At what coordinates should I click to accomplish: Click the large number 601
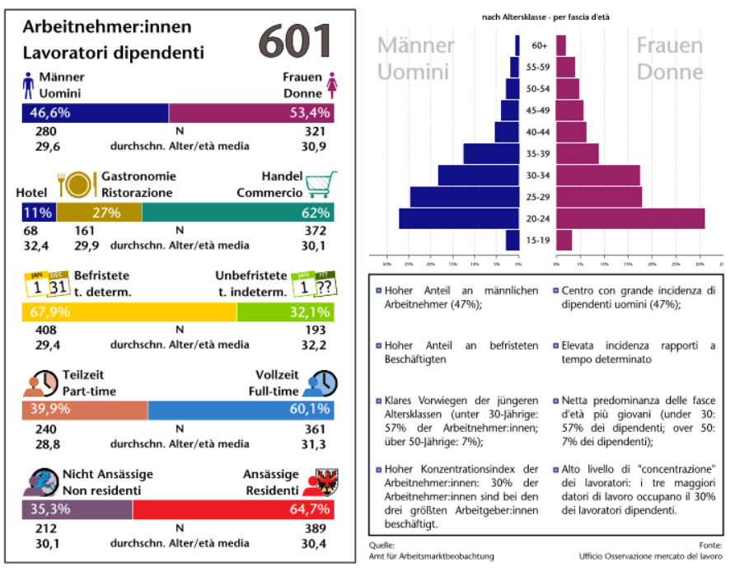pyautogui.click(x=295, y=40)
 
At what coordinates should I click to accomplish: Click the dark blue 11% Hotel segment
pyautogui.click(x=38, y=213)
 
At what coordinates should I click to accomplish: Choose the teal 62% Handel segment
pyautogui.click(x=237, y=213)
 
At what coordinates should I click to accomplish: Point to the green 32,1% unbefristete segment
pyautogui.click(x=285, y=312)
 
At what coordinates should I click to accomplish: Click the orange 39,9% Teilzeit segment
pyautogui.click(x=84, y=410)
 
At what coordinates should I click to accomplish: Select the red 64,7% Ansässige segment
pyautogui.click(x=233, y=509)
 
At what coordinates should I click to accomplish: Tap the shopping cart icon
pyautogui.click(x=321, y=185)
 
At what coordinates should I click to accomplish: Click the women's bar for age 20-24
pyautogui.click(x=630, y=218)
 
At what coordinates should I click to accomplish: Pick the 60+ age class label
pyautogui.click(x=539, y=45)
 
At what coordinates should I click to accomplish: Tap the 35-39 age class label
pyautogui.click(x=539, y=153)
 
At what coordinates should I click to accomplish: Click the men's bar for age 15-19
pyautogui.click(x=513, y=240)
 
